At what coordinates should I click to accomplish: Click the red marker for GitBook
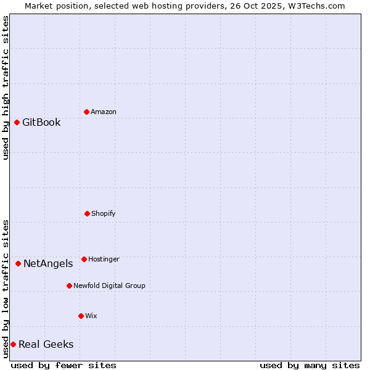click(x=17, y=122)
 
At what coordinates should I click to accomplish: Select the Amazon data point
click(x=86, y=112)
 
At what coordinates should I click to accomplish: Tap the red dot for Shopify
click(x=87, y=213)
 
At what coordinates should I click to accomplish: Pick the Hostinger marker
click(x=84, y=259)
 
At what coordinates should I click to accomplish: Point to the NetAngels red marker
click(x=18, y=263)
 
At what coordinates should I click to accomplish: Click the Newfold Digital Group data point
click(x=69, y=286)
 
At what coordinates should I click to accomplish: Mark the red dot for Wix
click(x=81, y=316)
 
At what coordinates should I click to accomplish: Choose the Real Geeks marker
click(x=13, y=344)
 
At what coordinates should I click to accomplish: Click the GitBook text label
click(x=41, y=122)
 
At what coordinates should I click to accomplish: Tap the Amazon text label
click(x=104, y=112)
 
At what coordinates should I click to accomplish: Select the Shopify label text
click(x=104, y=213)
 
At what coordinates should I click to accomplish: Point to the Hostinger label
click(x=104, y=259)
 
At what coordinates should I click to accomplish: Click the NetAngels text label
click(x=48, y=263)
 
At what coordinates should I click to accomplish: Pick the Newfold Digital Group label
click(x=109, y=286)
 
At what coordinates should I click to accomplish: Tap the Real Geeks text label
click(x=46, y=344)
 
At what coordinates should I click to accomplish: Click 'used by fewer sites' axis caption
click(x=64, y=365)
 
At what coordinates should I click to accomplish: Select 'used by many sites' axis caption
click(x=310, y=365)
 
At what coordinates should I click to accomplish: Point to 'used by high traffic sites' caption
click(x=6, y=88)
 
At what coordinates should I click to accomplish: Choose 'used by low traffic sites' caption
click(x=6, y=289)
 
